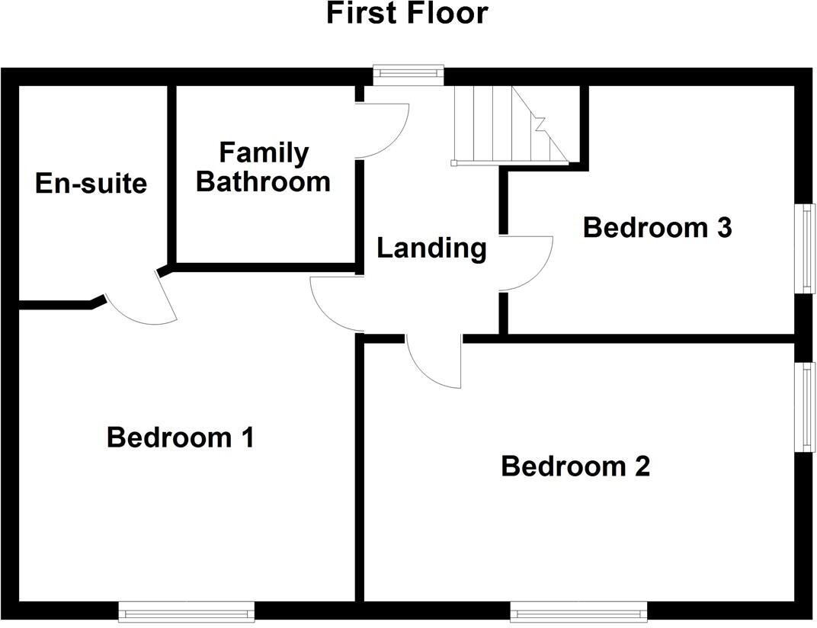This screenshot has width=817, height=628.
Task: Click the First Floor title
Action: point(407,14)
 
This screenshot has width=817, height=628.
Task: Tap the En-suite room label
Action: point(91,184)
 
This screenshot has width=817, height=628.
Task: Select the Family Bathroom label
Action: point(264,167)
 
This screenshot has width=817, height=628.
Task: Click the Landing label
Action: point(431,248)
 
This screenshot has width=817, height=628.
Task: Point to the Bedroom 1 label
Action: point(180,437)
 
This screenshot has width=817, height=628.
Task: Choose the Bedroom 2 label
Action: point(575,466)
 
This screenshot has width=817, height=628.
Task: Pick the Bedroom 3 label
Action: point(657,227)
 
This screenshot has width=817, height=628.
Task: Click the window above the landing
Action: point(408,74)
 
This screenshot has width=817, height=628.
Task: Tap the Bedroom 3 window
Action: point(806,248)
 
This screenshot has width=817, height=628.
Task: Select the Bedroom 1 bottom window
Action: point(186,610)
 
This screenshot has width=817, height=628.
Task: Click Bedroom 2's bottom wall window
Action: point(578,610)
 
